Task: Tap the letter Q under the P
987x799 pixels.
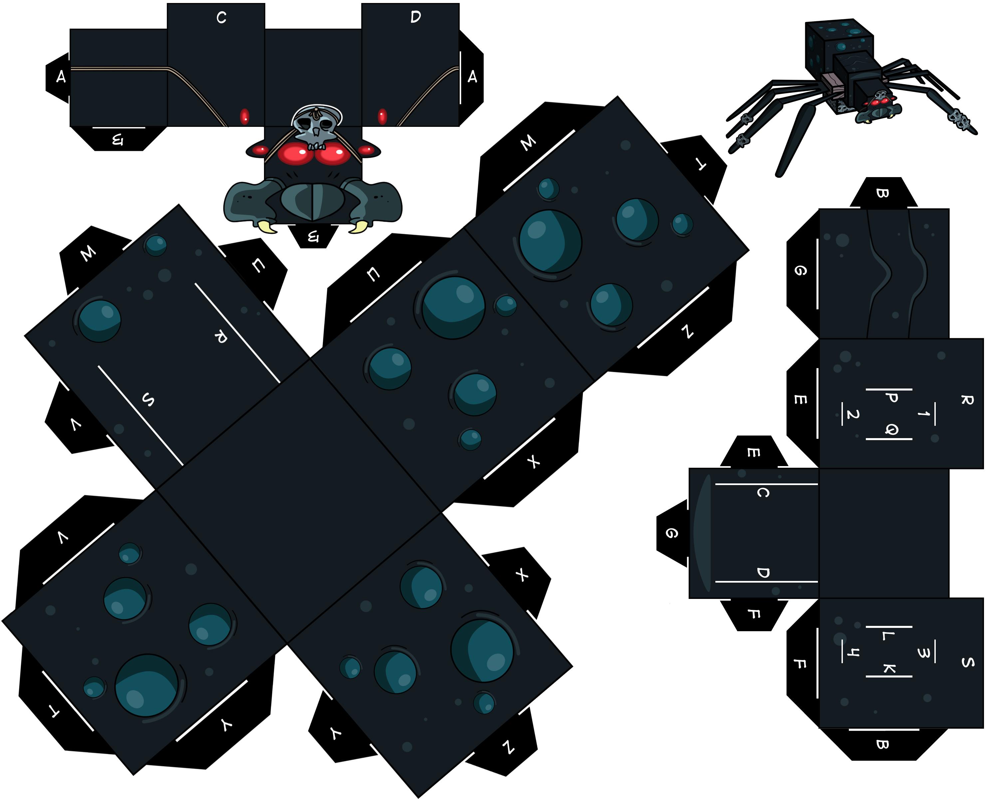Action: click(x=891, y=429)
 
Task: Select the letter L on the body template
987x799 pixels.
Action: click(x=885, y=636)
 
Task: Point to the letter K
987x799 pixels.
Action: click(x=889, y=668)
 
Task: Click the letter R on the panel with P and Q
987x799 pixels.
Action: click(x=967, y=400)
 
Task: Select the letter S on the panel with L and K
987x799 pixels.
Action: click(x=967, y=662)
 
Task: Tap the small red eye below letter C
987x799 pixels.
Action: click(x=245, y=117)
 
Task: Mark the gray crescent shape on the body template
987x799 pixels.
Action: click(x=702, y=533)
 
